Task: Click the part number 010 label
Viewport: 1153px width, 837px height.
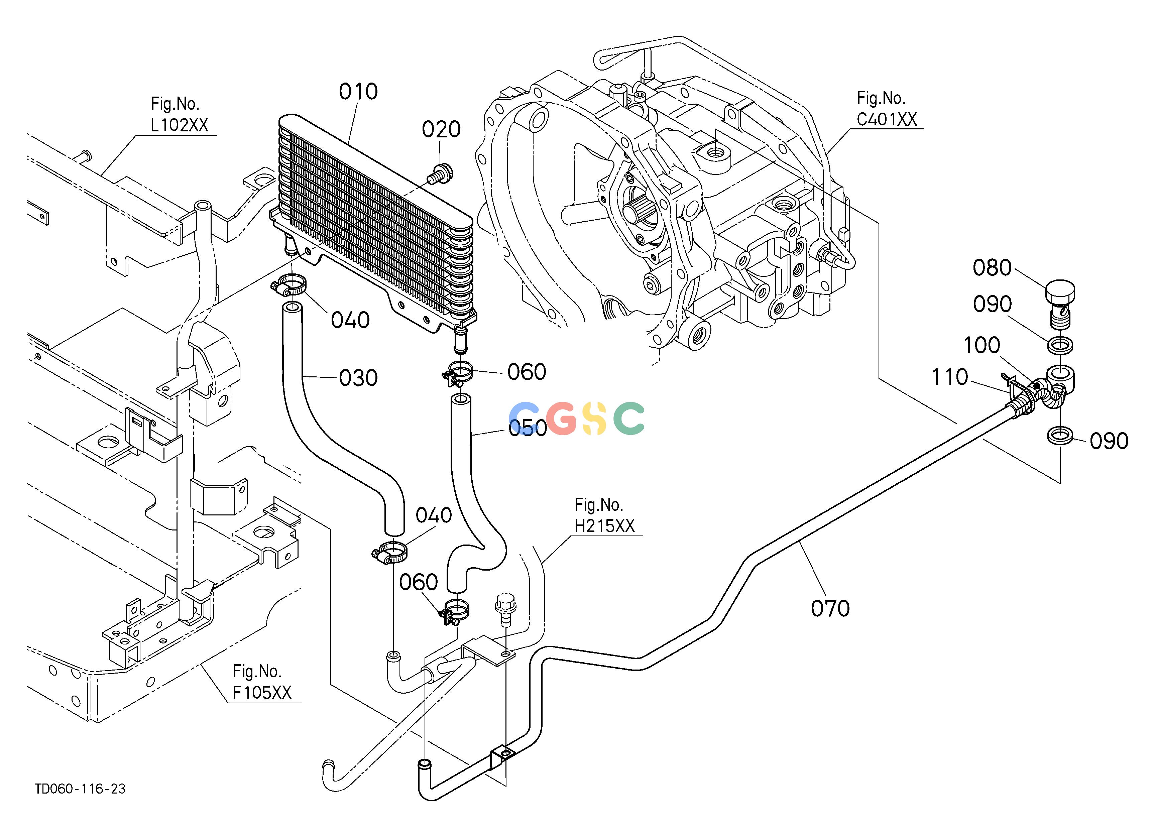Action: [x=358, y=92]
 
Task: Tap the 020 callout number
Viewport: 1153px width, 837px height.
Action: [x=441, y=130]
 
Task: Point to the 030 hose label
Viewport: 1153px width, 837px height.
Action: [x=358, y=378]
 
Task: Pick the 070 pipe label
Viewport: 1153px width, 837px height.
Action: [x=830, y=608]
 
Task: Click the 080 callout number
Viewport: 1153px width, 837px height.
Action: [x=992, y=268]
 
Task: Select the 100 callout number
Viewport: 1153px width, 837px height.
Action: [x=982, y=346]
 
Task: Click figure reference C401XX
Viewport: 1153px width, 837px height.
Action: [x=887, y=119]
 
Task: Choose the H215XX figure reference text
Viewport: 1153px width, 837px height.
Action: [x=605, y=526]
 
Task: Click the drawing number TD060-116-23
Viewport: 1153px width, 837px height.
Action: [x=80, y=789]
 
